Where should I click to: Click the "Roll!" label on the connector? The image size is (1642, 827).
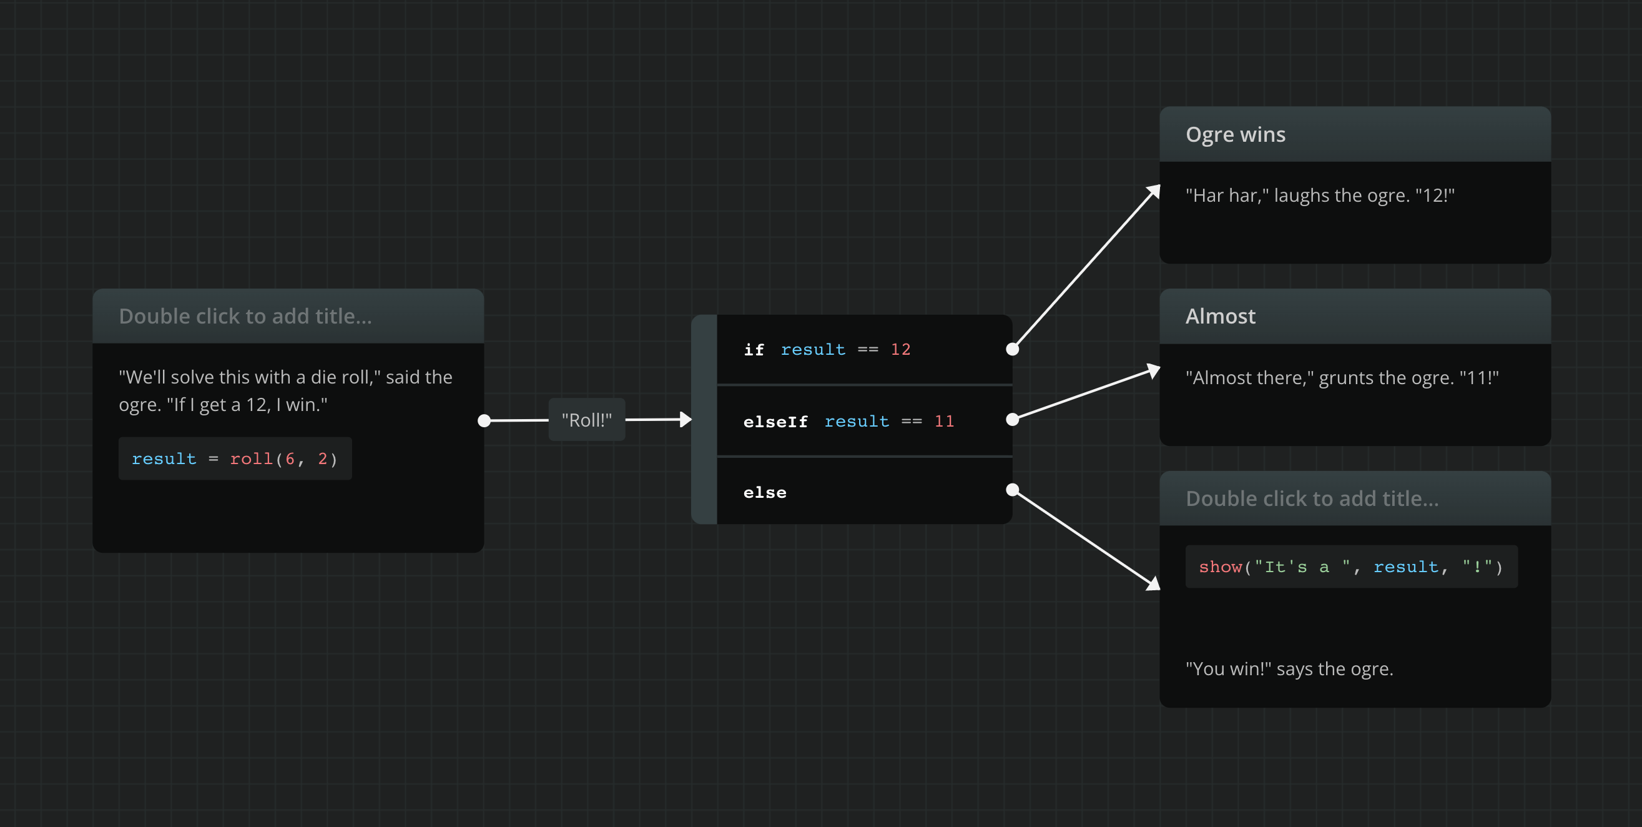pyautogui.click(x=586, y=420)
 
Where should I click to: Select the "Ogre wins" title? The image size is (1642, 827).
pyautogui.click(x=1236, y=134)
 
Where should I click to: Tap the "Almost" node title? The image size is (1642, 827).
pyautogui.click(x=1220, y=316)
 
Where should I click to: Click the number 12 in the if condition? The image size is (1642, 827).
pyautogui.click(x=901, y=349)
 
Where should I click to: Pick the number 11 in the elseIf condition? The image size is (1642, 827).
pyautogui.click(x=944, y=422)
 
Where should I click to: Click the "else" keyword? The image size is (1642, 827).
pyautogui.click(x=765, y=493)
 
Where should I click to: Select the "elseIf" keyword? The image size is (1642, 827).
pyautogui.click(x=775, y=422)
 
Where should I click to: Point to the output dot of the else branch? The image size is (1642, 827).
pyautogui.click(x=1012, y=490)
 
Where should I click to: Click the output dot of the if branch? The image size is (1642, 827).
pyautogui.click(x=1012, y=349)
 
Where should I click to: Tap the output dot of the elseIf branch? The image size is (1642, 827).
pyautogui.click(x=1012, y=419)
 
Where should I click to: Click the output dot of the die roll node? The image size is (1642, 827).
pyautogui.click(x=484, y=421)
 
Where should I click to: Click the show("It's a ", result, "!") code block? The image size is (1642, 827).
pyautogui.click(x=1351, y=567)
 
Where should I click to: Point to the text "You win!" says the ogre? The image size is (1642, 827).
pyautogui.click(x=1289, y=669)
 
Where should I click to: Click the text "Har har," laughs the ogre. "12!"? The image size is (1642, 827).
pyautogui.click(x=1320, y=196)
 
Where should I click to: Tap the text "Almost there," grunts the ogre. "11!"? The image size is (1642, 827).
pyautogui.click(x=1342, y=378)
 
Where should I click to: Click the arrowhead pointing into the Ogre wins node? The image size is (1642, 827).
pyautogui.click(x=1153, y=192)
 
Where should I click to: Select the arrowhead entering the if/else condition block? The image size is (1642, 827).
pyautogui.click(x=686, y=420)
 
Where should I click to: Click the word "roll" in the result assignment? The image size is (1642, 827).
pyautogui.click(x=251, y=459)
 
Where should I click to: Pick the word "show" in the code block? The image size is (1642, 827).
pyautogui.click(x=1220, y=567)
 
